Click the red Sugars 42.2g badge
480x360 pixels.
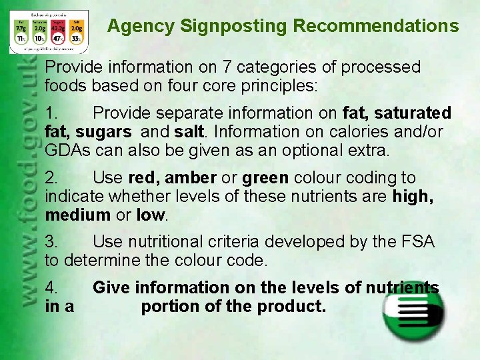(57, 33)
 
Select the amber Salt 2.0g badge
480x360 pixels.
(77, 33)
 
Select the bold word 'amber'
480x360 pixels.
(190, 178)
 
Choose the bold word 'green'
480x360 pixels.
(265, 178)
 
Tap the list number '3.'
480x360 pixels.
(52, 241)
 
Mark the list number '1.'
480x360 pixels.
(52, 113)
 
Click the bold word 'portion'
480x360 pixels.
(169, 307)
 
